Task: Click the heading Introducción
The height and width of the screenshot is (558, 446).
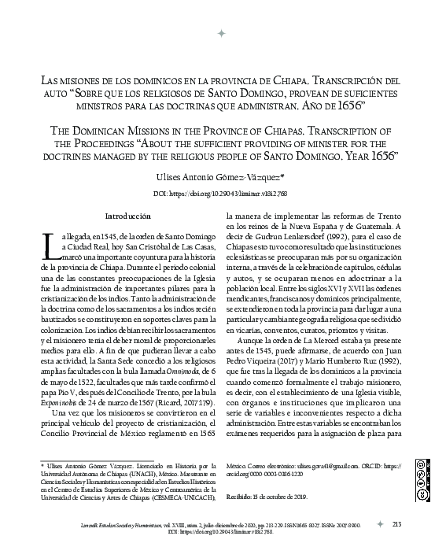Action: (x=127, y=216)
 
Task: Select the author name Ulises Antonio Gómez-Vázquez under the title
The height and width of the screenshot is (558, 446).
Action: (x=222, y=179)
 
